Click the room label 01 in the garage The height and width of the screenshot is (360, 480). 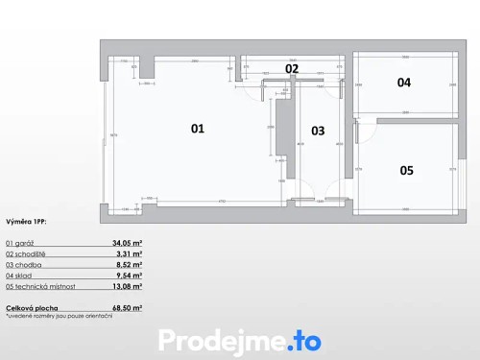click(197, 128)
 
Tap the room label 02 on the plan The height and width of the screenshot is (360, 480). click(292, 68)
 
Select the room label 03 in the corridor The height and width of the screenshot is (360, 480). click(318, 131)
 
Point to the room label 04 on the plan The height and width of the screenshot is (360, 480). click(404, 83)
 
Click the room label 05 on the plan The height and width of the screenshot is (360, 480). click(406, 170)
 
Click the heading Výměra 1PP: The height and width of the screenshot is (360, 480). click(26, 222)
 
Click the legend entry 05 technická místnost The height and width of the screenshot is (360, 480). click(41, 286)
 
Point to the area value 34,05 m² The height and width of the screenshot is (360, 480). click(127, 244)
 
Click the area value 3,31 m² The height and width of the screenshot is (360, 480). click(129, 254)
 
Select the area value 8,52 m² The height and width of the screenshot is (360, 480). click(129, 265)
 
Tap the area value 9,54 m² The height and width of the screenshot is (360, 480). click(129, 276)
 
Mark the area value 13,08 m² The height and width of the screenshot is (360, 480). click(127, 286)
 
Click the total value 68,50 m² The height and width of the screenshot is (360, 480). click(127, 307)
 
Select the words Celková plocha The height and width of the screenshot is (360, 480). click(30, 307)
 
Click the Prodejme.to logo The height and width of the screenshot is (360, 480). click(240, 340)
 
